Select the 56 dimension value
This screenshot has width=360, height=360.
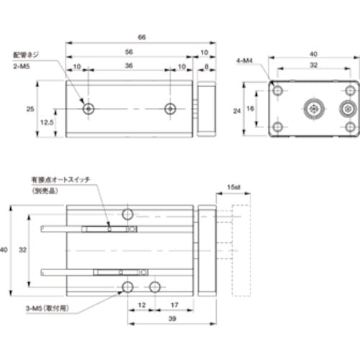click(x=128, y=53)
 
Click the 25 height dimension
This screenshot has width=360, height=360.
click(x=30, y=109)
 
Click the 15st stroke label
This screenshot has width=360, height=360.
click(x=231, y=186)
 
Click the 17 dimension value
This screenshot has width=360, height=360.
click(x=175, y=305)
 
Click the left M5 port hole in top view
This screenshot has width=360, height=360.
click(x=88, y=109)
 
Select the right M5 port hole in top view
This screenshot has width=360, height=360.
click(x=170, y=109)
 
